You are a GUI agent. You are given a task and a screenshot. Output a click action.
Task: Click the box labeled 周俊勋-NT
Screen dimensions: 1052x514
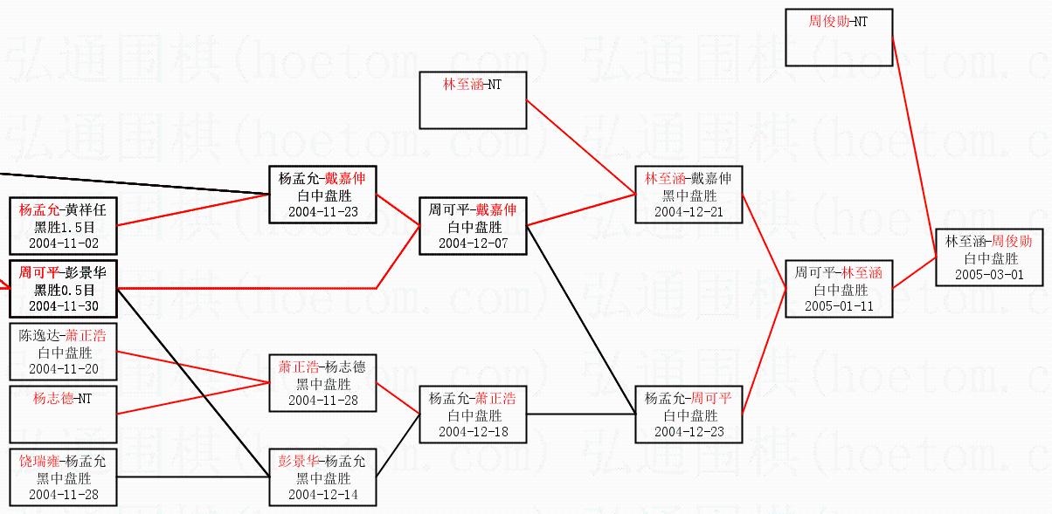(839, 38)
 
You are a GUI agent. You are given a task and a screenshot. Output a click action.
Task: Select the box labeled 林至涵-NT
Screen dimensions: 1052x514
(473, 99)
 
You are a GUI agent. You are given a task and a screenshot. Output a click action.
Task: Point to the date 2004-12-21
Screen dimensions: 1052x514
(689, 212)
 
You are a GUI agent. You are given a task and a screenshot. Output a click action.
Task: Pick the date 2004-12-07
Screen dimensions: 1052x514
(473, 243)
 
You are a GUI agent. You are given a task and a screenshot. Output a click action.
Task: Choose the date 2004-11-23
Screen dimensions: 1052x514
(322, 211)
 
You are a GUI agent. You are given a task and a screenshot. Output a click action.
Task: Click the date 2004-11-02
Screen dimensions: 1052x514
(62, 242)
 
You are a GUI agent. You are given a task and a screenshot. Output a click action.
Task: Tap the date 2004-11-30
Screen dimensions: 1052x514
(62, 305)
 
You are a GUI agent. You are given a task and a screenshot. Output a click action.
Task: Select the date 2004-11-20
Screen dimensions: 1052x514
(62, 369)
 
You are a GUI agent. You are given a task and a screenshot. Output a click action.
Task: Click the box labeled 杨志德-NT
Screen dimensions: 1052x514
(62, 413)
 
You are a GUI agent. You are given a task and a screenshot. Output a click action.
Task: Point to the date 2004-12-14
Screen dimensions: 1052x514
(322, 495)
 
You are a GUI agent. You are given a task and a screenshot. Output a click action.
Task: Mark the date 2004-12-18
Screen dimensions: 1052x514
(473, 432)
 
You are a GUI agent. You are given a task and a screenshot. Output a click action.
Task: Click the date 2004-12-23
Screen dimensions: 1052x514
(689, 432)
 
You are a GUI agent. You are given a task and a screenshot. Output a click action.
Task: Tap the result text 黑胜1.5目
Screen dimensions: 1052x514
(62, 226)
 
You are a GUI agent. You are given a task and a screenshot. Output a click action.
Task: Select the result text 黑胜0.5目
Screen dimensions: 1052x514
(62, 290)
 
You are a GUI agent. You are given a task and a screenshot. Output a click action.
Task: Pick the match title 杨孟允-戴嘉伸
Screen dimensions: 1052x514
(322, 179)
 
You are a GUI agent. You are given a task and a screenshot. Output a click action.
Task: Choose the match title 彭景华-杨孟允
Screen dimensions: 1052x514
(322, 462)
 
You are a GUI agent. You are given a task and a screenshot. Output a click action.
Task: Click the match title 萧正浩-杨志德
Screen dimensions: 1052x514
(322, 367)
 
